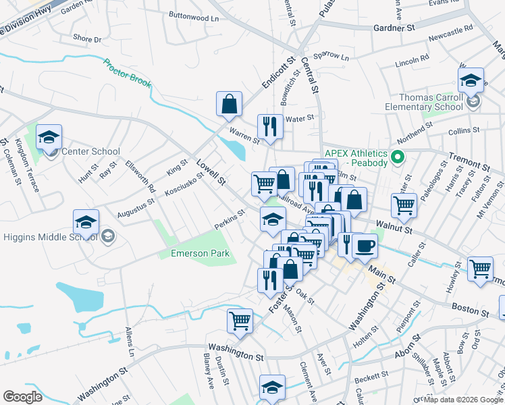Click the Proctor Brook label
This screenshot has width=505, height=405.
(127, 74)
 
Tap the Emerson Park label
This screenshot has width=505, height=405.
(195, 254)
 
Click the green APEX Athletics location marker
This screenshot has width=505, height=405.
(398, 159)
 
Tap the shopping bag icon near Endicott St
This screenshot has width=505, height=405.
(229, 104)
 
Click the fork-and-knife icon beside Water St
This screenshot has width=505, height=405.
(269, 126)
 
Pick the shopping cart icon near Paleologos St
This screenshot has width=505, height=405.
(404, 205)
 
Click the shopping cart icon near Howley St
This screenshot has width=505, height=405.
(479, 268)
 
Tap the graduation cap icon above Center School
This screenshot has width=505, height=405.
(49, 137)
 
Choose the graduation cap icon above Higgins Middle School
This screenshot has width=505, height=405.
(86, 222)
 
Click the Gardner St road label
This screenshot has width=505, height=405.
(394, 28)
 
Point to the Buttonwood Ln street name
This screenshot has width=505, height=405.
(194, 18)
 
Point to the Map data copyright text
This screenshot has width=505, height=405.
(463, 400)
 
